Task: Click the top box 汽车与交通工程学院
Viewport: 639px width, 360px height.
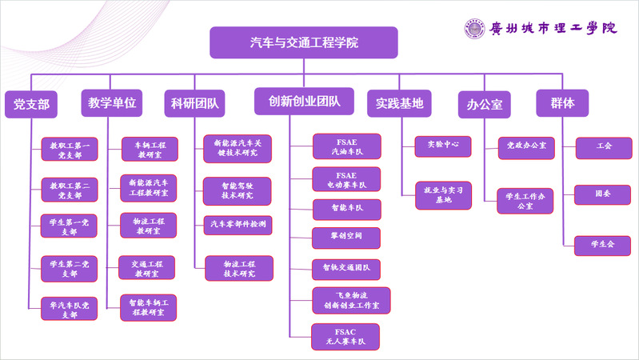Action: click(x=303, y=43)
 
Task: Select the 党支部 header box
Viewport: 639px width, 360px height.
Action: click(x=31, y=104)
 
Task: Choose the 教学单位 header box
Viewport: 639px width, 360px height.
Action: click(x=112, y=103)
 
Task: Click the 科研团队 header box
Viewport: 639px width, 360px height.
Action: click(x=194, y=104)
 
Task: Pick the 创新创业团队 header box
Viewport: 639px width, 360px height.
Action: click(x=305, y=102)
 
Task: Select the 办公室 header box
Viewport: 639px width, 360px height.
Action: click(x=484, y=104)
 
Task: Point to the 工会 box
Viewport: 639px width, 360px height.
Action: click(x=603, y=146)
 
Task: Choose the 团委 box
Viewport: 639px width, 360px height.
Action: click(x=603, y=194)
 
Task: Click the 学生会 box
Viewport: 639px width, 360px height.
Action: click(x=603, y=245)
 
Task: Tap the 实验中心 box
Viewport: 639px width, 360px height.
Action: click(x=442, y=146)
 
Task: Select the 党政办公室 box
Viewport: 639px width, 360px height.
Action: click(x=525, y=146)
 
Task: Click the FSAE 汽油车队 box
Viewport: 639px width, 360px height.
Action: click(x=345, y=146)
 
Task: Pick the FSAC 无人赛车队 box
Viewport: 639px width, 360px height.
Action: click(x=345, y=337)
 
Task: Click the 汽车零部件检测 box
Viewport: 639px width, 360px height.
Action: click(x=238, y=225)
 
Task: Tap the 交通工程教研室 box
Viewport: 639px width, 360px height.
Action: click(x=148, y=267)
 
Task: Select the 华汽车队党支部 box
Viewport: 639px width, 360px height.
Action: click(x=69, y=309)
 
